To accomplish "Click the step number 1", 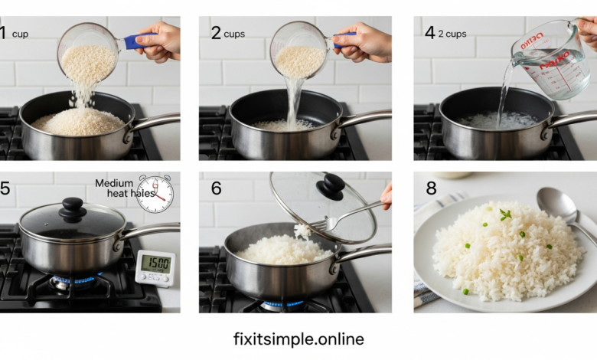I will click(x=3, y=33).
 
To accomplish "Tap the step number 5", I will click(x=5, y=188).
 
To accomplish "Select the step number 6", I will click(x=216, y=188).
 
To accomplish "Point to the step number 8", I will click(x=429, y=188).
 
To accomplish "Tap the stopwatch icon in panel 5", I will click(x=155, y=194).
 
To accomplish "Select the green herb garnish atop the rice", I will click(x=505, y=215).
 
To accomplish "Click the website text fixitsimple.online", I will click(x=298, y=339).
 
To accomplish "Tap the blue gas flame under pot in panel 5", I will click(x=72, y=280).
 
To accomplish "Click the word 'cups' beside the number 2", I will click(x=235, y=34).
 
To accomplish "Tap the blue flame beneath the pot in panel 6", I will click(x=283, y=304).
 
